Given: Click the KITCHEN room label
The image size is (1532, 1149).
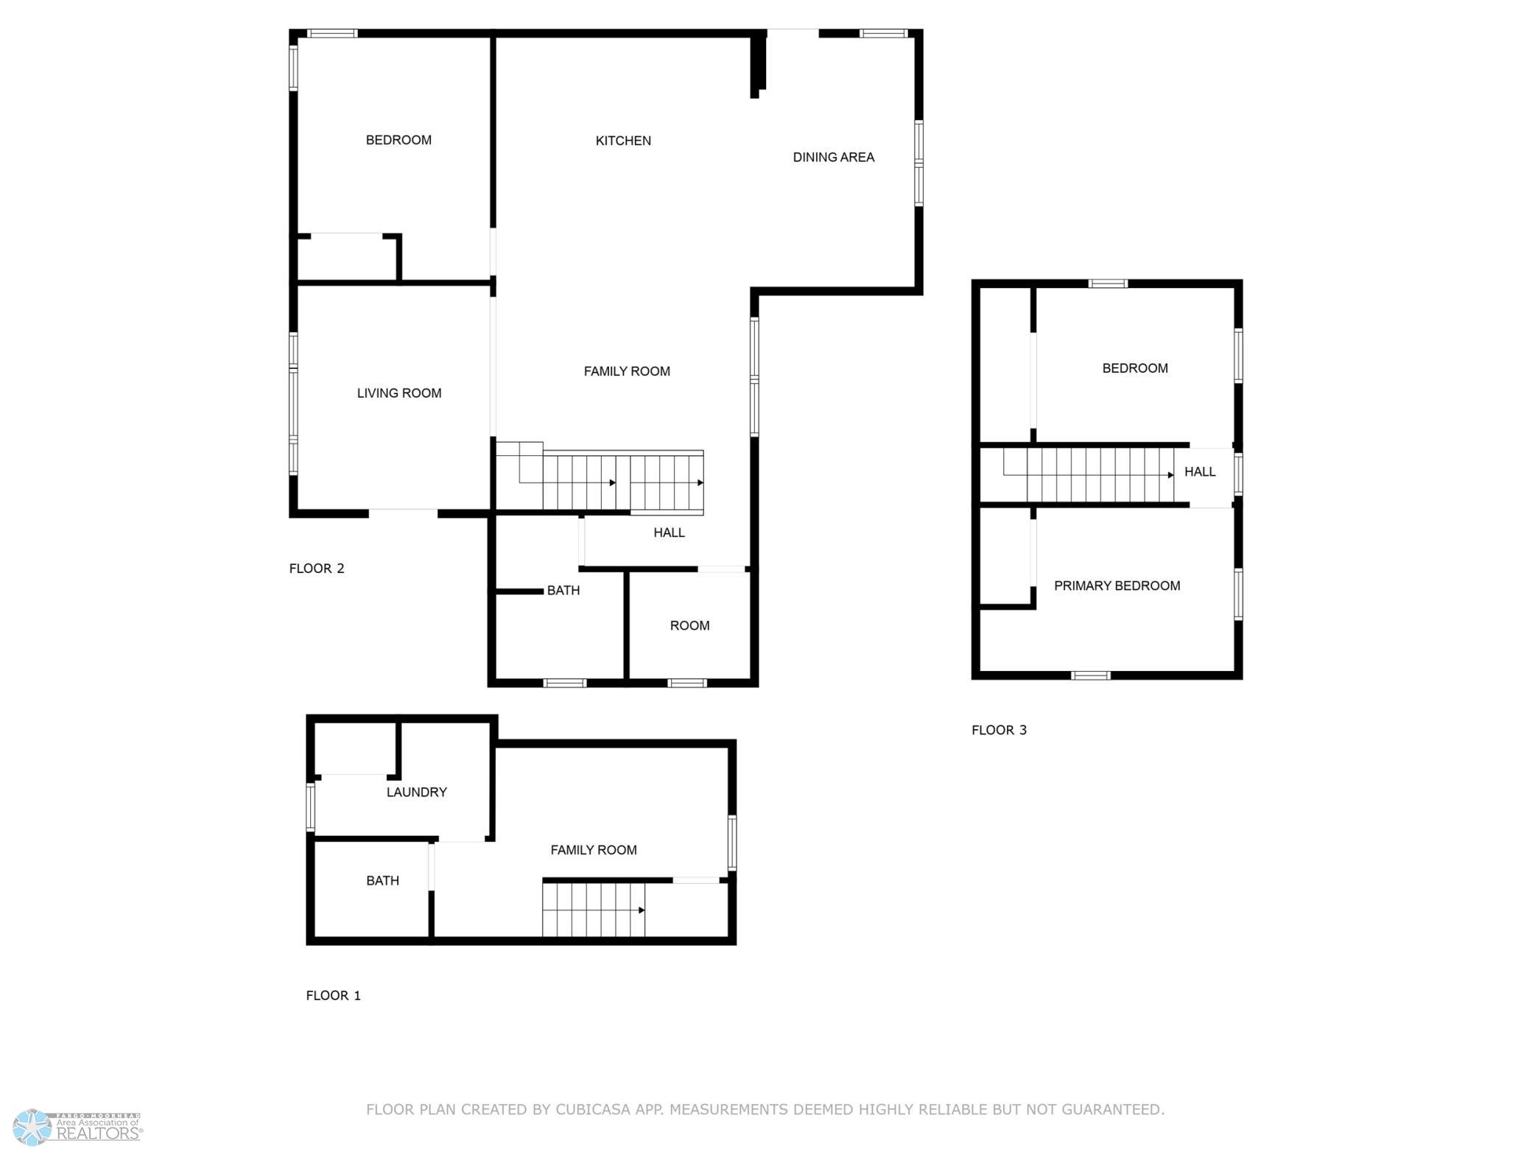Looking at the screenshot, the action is pos(623,141).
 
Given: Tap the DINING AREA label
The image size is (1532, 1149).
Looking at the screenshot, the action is pos(833,157).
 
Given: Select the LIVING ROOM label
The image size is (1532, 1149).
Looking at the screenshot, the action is pos(399,393).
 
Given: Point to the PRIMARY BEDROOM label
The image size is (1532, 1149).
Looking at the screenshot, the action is pos(1117,586).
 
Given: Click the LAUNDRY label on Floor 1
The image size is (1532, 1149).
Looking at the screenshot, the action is pos(417,792).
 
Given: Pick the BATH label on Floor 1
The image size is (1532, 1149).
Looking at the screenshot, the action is pos(382,880).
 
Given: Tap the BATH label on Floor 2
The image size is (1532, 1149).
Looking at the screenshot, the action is pos(563,590).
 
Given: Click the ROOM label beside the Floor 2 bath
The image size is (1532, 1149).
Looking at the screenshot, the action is pos(689,625).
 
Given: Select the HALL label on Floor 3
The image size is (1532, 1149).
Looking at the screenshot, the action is pos(1200,471).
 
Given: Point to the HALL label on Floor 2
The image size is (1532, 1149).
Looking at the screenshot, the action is pos(669,532).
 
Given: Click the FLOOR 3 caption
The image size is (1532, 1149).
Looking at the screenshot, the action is pos(999,730).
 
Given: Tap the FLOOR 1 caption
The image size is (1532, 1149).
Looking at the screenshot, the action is pos(333,995).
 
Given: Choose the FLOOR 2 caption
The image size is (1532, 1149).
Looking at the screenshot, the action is pos(317,568).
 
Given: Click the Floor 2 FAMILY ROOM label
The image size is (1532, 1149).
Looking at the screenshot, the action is pos(627,371).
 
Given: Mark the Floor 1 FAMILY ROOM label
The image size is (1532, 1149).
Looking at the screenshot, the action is pos(594,849).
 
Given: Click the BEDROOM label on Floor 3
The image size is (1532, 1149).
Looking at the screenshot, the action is pos(1134,368).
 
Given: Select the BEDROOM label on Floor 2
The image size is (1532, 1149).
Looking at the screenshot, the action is pos(398,140).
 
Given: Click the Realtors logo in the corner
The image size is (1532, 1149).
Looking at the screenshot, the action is pos(77,1128).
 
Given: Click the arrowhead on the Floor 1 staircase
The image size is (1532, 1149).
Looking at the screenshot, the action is pos(642,910).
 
